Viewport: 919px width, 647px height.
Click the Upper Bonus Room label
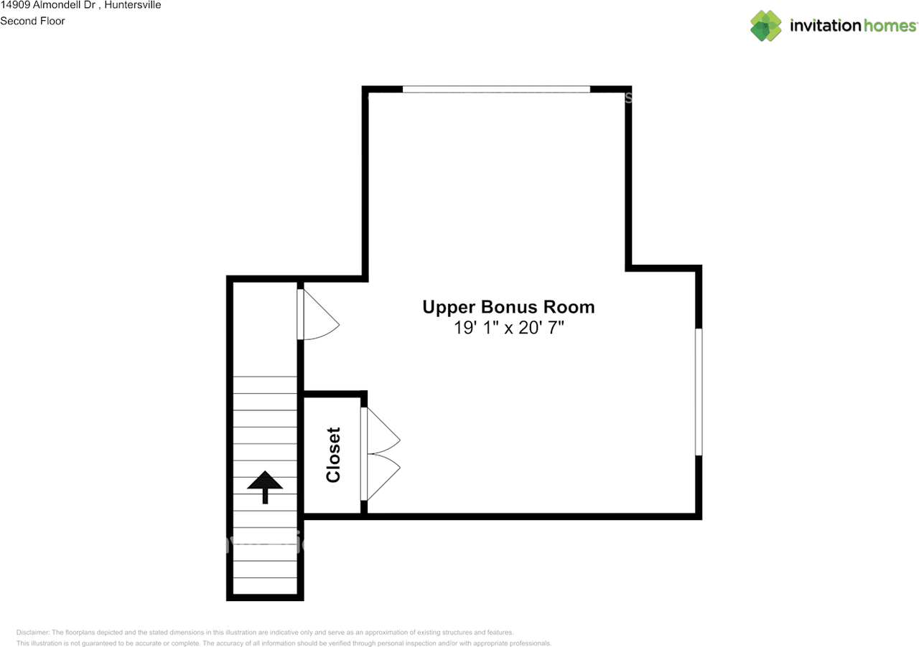pyautogui.click(x=508, y=307)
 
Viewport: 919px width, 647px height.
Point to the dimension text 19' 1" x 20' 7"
pyautogui.click(x=508, y=329)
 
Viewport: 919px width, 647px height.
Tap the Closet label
pyautogui.click(x=333, y=455)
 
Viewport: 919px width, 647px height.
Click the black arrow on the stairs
pyautogui.click(x=265, y=486)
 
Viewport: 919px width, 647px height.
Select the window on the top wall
pyautogui.click(x=496, y=89)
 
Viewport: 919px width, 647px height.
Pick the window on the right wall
pyautogui.click(x=699, y=392)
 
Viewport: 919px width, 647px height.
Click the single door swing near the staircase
pyautogui.click(x=317, y=313)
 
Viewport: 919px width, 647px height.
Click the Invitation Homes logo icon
pyautogui.click(x=766, y=26)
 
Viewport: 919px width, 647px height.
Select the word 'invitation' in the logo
pyautogui.click(x=825, y=26)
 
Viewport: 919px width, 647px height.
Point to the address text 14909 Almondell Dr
pyautogui.click(x=47, y=5)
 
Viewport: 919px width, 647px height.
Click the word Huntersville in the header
pyautogui.click(x=133, y=5)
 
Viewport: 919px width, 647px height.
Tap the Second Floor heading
pyautogui.click(x=32, y=21)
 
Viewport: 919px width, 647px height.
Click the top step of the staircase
pyautogui.click(x=265, y=384)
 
